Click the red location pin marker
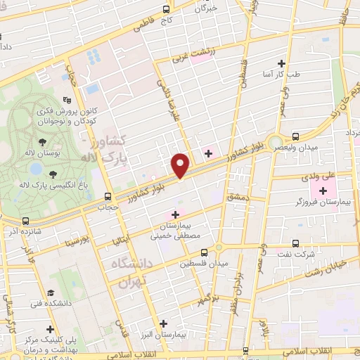[x=181, y=165]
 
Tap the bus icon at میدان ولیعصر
[x=295, y=136]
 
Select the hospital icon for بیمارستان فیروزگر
[x=323, y=191]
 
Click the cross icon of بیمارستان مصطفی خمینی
[x=174, y=214]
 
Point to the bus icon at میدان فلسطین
[x=204, y=252]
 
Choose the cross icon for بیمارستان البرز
[x=163, y=324]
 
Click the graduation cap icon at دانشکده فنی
[x=50, y=292]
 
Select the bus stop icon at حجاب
[x=108, y=197]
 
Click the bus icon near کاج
[x=166, y=10]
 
